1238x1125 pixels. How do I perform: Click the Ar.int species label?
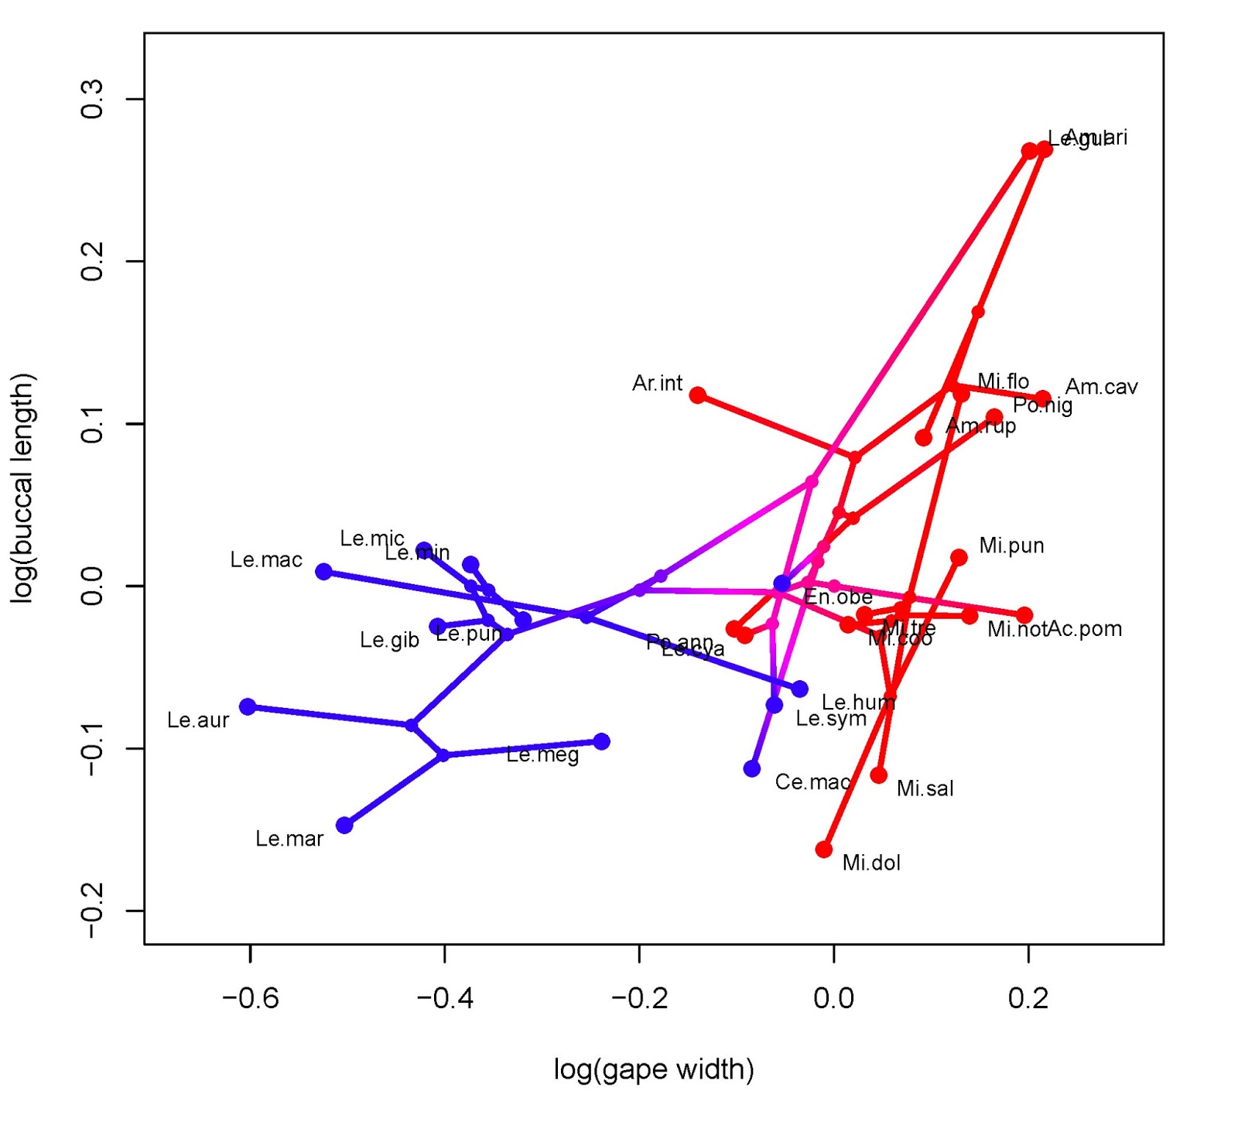click(x=657, y=383)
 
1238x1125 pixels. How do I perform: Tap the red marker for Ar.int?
click(x=697, y=395)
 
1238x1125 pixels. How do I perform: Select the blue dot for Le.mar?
click(x=344, y=825)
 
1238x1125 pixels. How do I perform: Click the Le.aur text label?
click(x=198, y=720)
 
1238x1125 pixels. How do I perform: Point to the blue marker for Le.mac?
click(x=323, y=572)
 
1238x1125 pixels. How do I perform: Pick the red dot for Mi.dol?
click(x=823, y=850)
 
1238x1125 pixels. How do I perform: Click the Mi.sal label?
click(x=925, y=788)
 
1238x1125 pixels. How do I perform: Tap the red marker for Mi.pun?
click(x=958, y=558)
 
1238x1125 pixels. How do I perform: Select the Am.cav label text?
click(x=1101, y=387)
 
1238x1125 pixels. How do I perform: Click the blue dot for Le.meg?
click(x=601, y=741)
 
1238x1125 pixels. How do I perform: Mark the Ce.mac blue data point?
click(x=751, y=768)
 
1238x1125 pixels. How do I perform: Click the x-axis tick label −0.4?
click(x=445, y=998)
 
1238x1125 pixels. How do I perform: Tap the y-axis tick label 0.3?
click(x=92, y=99)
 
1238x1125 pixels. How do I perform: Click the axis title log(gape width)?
click(x=654, y=1069)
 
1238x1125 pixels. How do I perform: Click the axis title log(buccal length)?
click(x=22, y=487)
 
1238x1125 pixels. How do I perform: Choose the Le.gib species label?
click(x=389, y=640)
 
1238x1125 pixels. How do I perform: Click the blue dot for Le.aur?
click(x=248, y=706)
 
